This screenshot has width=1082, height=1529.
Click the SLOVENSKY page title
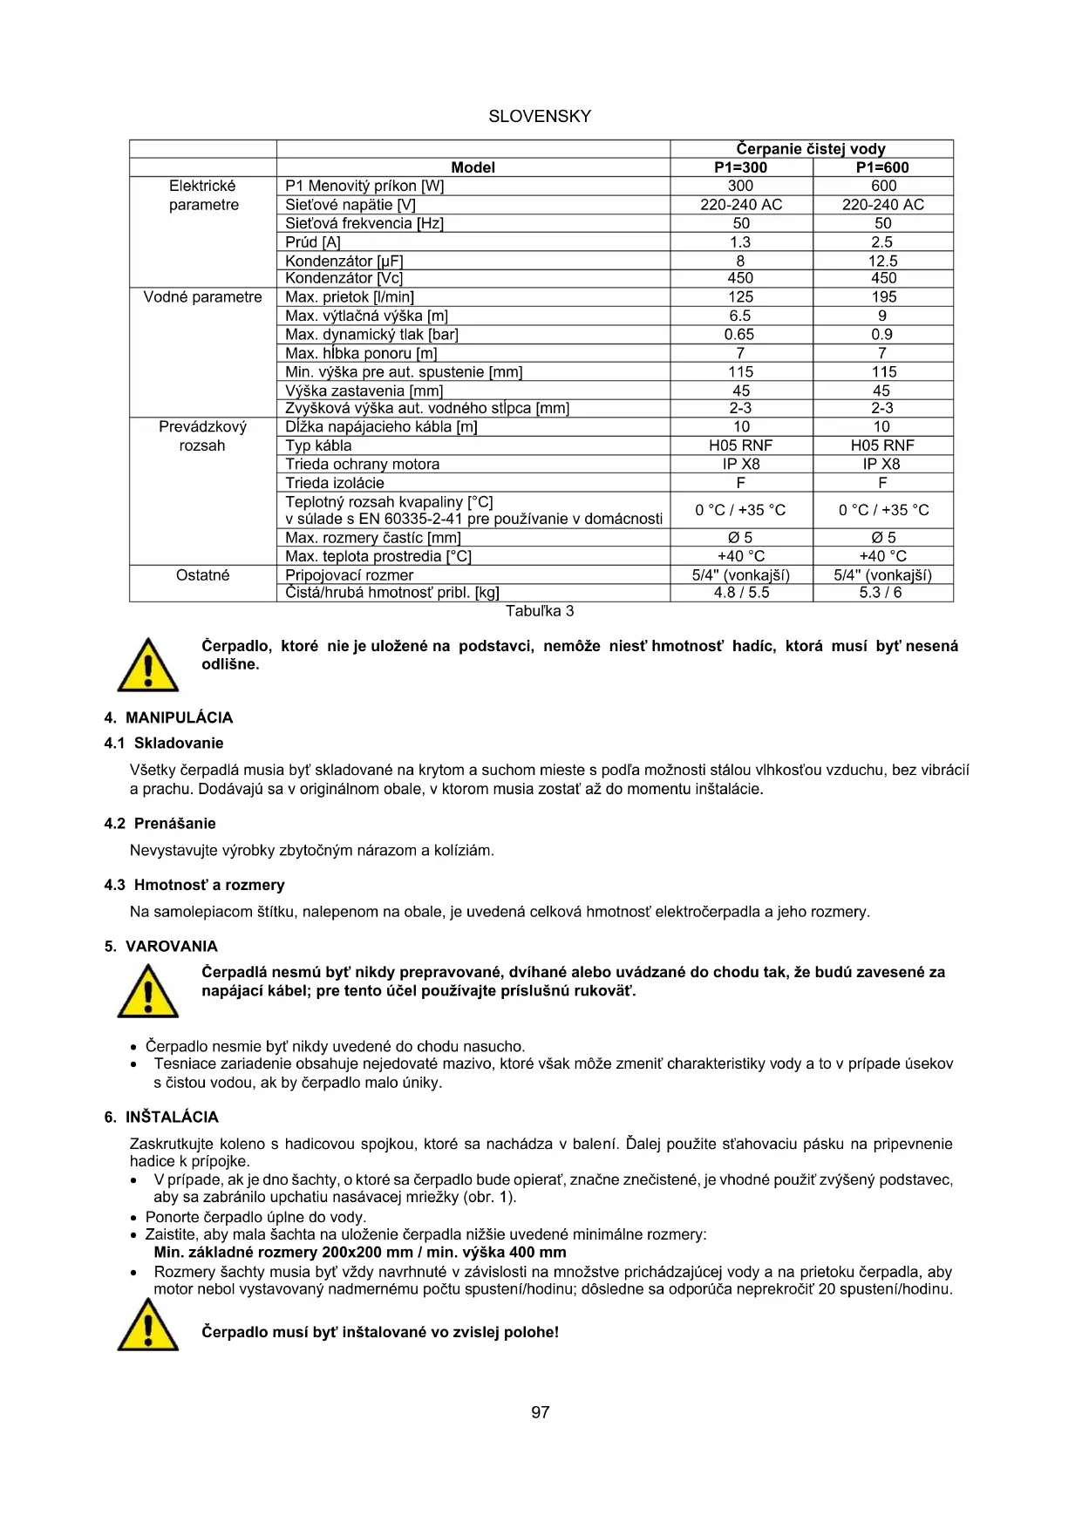tap(540, 117)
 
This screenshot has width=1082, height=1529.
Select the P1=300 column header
tap(741, 167)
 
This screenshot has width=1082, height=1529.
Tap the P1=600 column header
tap(882, 167)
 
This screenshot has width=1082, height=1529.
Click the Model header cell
tap(473, 167)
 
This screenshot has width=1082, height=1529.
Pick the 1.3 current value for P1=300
tap(740, 242)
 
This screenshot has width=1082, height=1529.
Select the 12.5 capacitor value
tap(882, 261)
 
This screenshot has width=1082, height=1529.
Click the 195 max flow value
tap(882, 297)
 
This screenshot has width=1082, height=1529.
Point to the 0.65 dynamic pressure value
tap(740, 335)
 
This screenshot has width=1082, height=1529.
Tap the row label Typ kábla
tap(319, 445)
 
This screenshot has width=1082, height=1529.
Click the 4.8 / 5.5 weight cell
tap(741, 593)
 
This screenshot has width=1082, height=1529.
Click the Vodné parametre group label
tap(202, 297)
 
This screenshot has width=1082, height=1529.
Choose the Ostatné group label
tap(202, 575)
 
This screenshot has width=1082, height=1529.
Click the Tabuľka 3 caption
tap(540, 611)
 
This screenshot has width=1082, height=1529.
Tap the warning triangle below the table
tap(148, 665)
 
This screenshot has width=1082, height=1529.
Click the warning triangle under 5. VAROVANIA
tap(148, 991)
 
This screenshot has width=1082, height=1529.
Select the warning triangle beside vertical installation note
tap(148, 1325)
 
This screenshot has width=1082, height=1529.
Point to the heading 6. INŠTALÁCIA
tap(161, 1118)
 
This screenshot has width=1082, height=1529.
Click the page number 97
tap(541, 1412)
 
